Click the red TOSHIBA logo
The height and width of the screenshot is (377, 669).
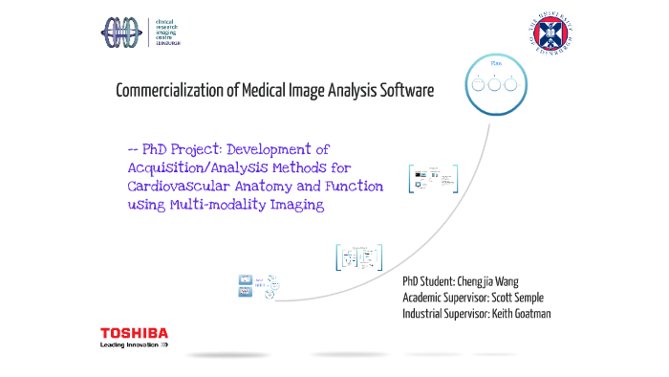pyautogui.click(x=134, y=333)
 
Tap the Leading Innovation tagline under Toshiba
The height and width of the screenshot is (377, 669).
pyautogui.click(x=134, y=344)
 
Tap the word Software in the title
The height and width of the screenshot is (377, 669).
pyautogui.click(x=405, y=91)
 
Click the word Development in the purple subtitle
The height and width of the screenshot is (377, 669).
pyautogui.click(x=278, y=150)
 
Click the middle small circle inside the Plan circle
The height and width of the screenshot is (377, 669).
pyautogui.click(x=495, y=84)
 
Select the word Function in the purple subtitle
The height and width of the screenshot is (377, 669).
pyautogui.click(x=349, y=187)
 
